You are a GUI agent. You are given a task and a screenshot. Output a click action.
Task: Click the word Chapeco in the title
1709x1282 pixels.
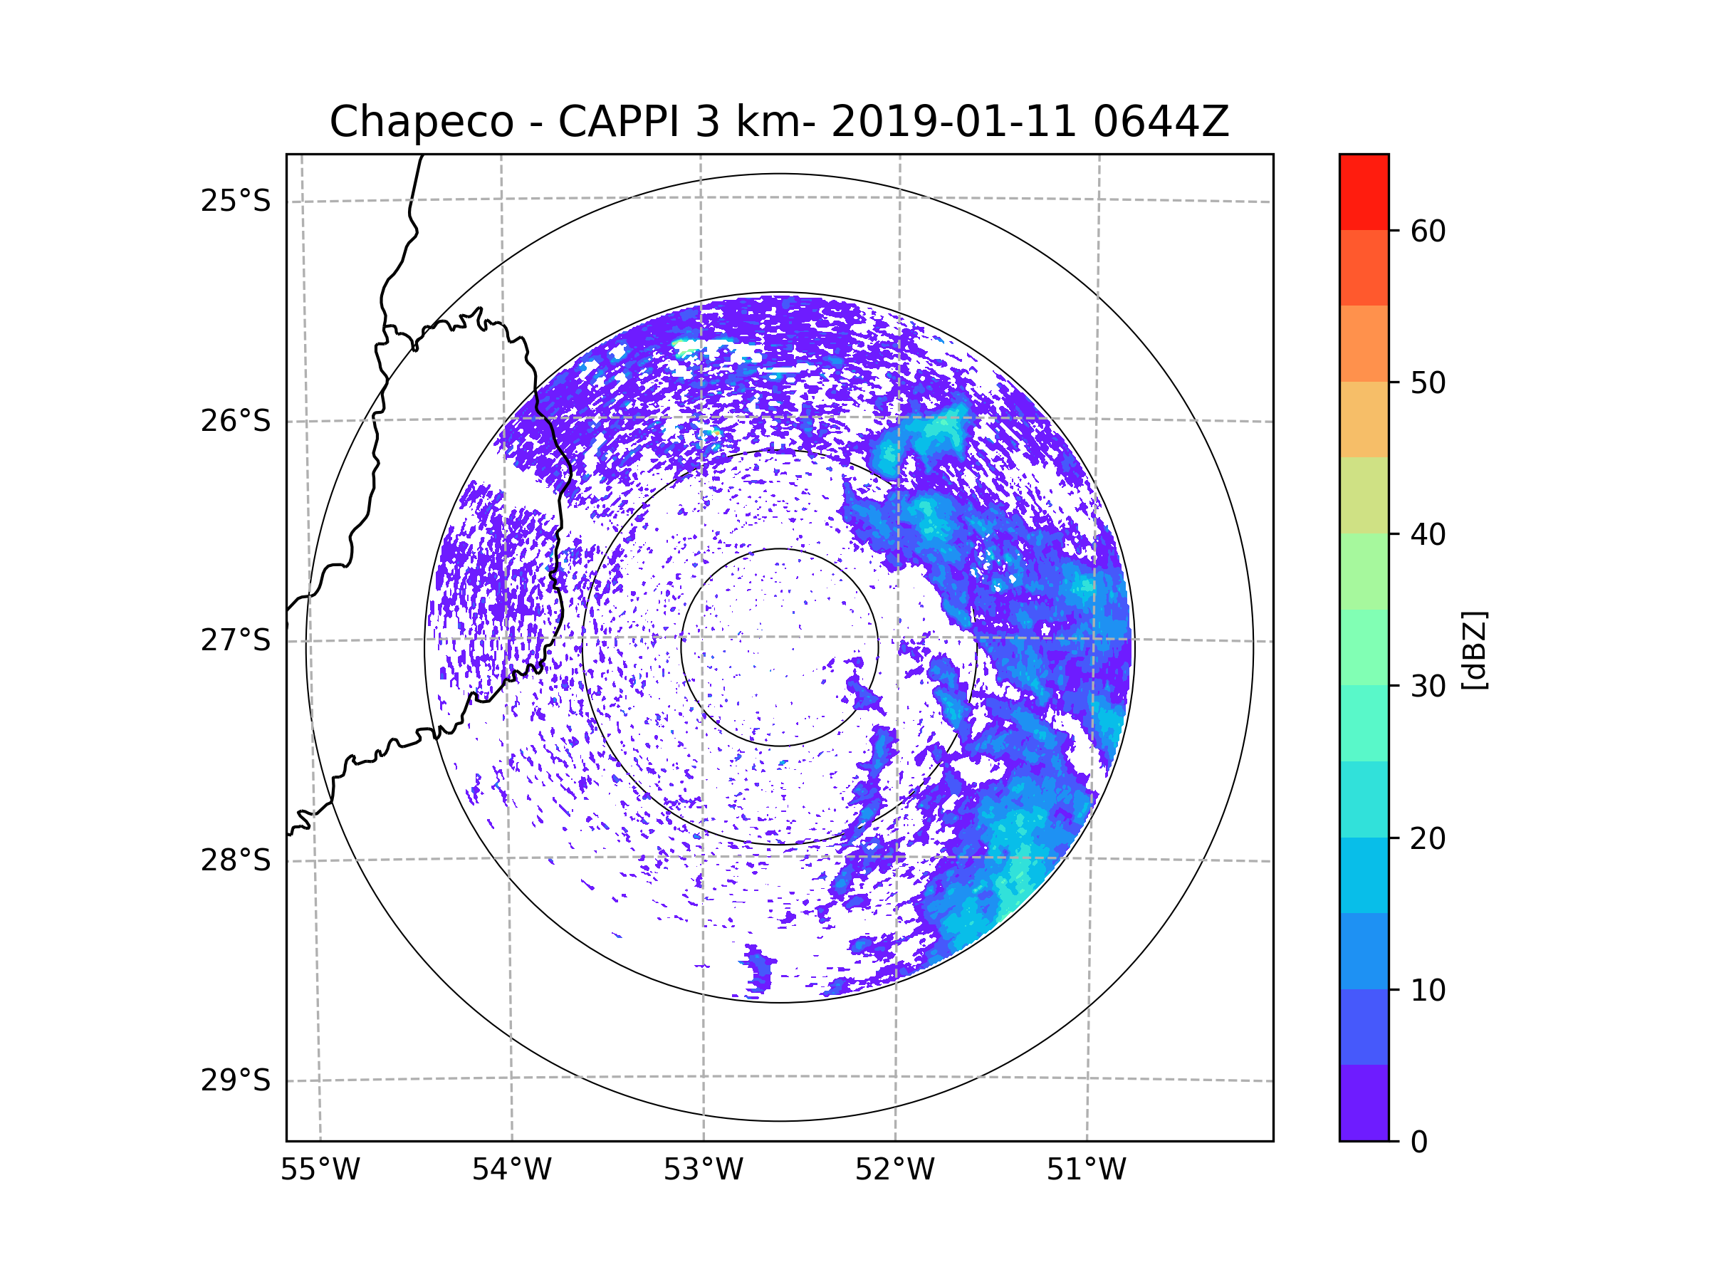(421, 122)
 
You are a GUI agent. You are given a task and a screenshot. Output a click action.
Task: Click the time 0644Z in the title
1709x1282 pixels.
(1161, 122)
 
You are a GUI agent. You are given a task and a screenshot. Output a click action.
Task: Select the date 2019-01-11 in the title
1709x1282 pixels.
(953, 122)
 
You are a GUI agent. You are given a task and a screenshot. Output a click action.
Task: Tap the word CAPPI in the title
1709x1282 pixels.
(618, 122)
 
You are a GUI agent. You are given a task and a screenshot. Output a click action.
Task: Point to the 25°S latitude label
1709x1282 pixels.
(236, 201)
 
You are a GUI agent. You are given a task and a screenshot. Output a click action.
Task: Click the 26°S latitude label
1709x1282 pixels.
(236, 421)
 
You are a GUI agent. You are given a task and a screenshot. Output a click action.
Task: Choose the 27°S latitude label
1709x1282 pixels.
(236, 640)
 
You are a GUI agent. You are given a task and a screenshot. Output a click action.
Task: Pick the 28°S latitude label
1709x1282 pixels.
(236, 860)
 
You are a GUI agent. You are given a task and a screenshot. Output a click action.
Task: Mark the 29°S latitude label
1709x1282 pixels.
(236, 1080)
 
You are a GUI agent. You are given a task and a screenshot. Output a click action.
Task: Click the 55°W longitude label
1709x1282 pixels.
(320, 1170)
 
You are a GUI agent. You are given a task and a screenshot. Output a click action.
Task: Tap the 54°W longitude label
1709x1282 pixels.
(511, 1170)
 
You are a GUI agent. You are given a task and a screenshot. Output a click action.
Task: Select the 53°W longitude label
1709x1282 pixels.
(703, 1170)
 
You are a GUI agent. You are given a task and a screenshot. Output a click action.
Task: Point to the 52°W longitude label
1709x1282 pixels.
(894, 1170)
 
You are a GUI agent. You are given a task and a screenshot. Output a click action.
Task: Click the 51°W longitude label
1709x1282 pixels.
(1086, 1170)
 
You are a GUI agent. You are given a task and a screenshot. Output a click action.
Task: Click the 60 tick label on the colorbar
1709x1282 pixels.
(1428, 231)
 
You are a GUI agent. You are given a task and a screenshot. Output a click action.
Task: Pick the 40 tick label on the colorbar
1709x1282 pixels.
(1428, 535)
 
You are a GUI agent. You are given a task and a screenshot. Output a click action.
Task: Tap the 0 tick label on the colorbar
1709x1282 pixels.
(1419, 1142)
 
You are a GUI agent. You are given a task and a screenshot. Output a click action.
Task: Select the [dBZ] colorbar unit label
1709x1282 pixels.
(1474, 650)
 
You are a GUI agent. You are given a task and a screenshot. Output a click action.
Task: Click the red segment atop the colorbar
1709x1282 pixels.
(1364, 192)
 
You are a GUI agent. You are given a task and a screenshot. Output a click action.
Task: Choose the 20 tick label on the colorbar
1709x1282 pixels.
(1428, 838)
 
